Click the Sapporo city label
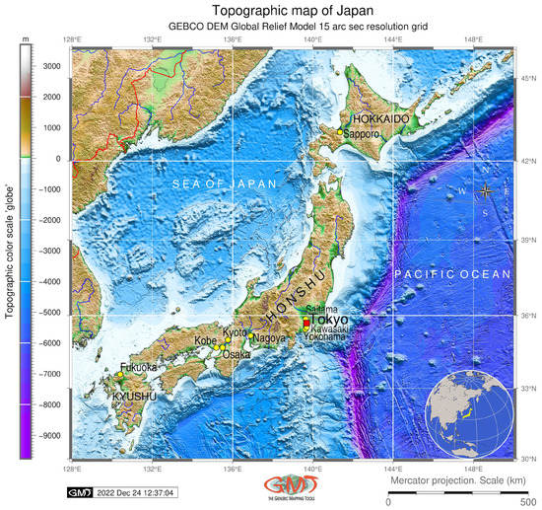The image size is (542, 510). click(361, 133)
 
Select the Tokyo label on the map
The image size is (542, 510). click(331, 320)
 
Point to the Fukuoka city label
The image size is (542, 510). click(138, 367)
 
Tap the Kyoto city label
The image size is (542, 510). click(236, 332)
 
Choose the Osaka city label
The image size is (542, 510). click(237, 354)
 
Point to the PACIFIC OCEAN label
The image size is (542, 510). click(451, 273)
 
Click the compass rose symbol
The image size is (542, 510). click(485, 190)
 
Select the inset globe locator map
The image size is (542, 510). click(468, 411)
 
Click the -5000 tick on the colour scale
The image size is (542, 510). click(49, 312)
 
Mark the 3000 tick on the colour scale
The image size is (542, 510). click(50, 66)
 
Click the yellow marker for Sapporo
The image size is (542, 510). click(340, 131)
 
